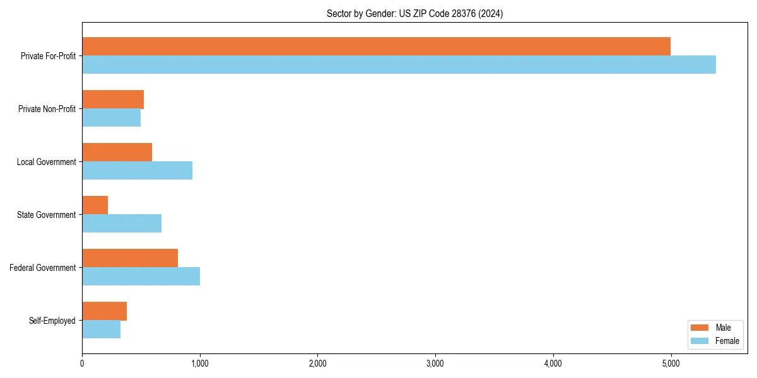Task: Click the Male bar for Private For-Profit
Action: click(x=376, y=47)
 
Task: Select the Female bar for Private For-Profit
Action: click(x=399, y=65)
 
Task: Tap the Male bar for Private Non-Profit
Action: click(x=113, y=100)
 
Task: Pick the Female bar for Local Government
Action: click(x=137, y=171)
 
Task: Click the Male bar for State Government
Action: click(x=95, y=205)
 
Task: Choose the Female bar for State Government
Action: click(x=122, y=224)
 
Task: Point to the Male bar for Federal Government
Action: click(x=130, y=258)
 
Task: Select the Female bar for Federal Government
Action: click(x=141, y=277)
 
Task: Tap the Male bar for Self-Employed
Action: click(x=104, y=311)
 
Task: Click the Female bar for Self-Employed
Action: click(x=101, y=329)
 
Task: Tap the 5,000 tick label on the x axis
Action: click(x=671, y=363)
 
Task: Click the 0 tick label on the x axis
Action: click(x=82, y=363)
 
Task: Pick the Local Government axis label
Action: click(x=46, y=162)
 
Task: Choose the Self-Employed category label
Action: click(x=52, y=321)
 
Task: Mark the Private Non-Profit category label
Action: click(x=47, y=109)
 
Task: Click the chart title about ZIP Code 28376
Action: click(x=414, y=13)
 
